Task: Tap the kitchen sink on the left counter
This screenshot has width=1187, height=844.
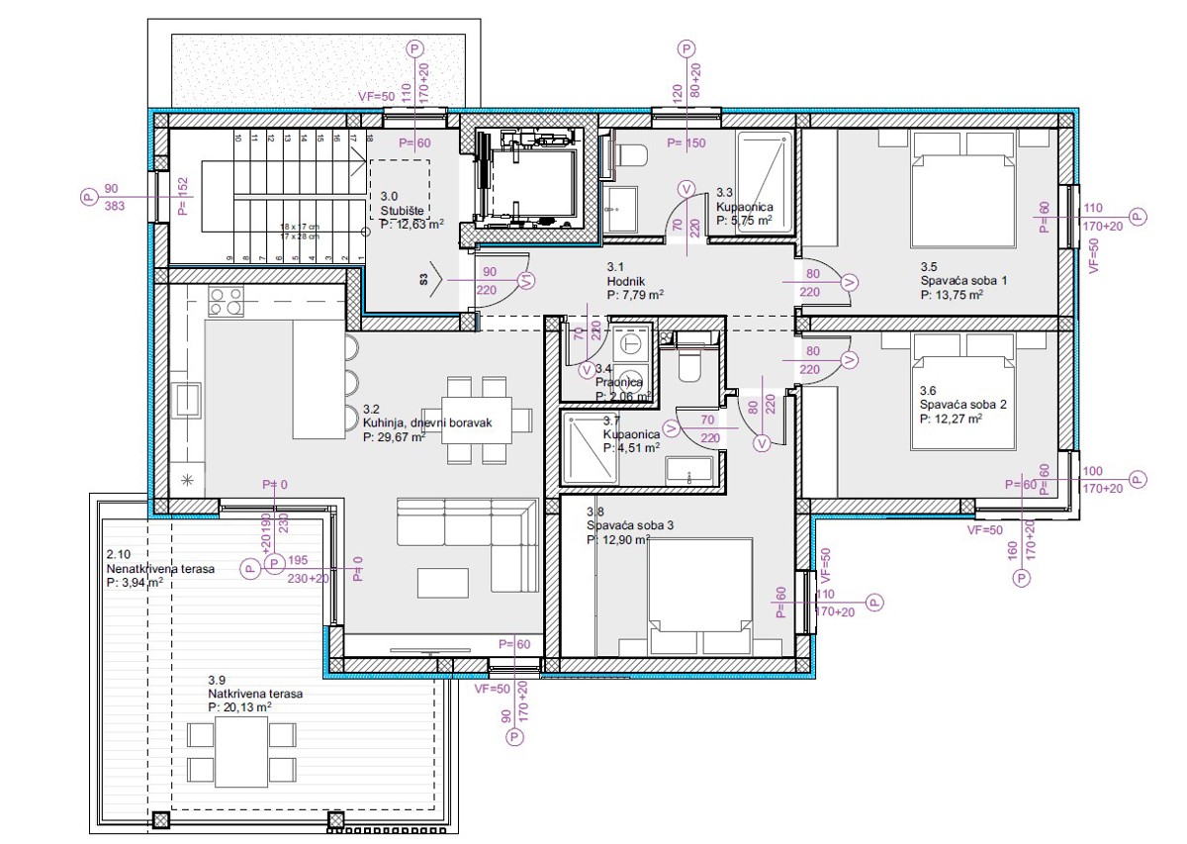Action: tap(187, 401)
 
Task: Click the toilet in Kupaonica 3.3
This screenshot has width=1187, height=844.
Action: tap(630, 155)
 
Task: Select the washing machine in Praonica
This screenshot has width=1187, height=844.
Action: tap(629, 345)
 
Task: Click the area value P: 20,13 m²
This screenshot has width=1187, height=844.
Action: tap(239, 707)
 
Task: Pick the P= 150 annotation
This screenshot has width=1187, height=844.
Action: tap(685, 143)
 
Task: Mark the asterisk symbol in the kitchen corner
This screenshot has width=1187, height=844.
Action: tap(185, 480)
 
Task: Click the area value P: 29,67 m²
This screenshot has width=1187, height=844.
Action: tap(394, 436)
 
